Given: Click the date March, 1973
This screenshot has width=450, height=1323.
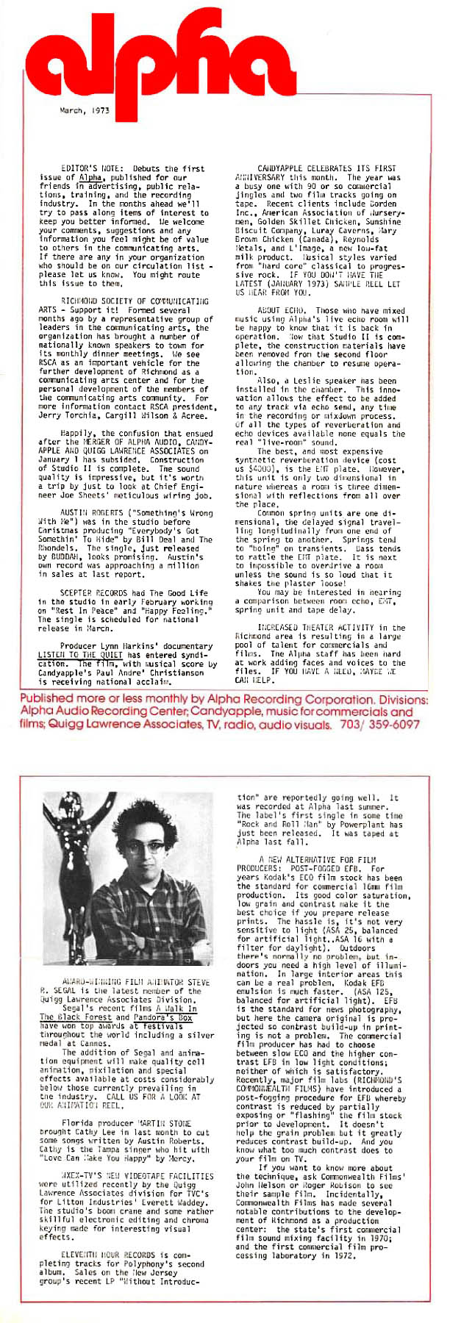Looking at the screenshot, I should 85,110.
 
